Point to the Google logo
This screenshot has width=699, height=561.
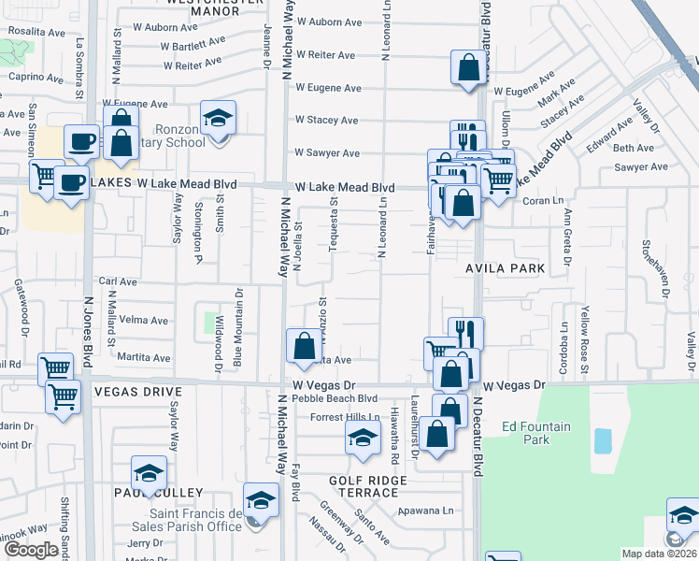coord(31,550)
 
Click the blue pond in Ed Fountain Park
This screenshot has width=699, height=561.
coord(602,440)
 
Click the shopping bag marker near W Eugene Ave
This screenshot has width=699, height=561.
coord(468,69)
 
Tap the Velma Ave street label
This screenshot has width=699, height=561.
coord(146,320)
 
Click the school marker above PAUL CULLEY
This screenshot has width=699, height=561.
coord(149,476)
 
